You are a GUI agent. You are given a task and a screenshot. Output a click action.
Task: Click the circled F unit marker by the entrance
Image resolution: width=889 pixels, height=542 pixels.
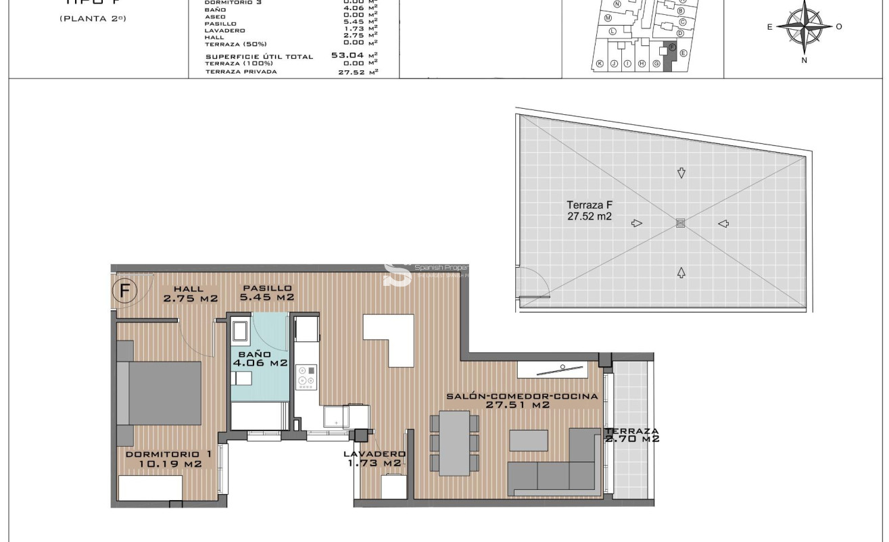click(x=125, y=291)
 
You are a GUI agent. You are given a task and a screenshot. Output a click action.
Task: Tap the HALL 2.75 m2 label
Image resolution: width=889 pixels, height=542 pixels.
click(x=189, y=293)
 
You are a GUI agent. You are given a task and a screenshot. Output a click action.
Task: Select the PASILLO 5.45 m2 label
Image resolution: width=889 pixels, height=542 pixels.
click(x=268, y=293)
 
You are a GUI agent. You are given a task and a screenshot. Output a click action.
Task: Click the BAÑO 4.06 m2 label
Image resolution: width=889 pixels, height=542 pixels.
click(x=260, y=358)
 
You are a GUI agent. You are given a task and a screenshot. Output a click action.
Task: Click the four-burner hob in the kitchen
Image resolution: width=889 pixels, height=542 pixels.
click(x=306, y=378)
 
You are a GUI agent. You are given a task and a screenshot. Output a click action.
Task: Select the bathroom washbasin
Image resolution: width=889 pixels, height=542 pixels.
click(x=240, y=332)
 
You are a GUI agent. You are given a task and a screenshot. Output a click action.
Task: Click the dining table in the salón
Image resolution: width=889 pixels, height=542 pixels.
click(x=455, y=443)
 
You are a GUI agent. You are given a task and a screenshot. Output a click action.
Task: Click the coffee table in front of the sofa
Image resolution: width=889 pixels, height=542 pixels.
click(x=528, y=440)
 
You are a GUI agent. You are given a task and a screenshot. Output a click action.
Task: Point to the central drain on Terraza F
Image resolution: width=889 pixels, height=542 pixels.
click(x=681, y=223)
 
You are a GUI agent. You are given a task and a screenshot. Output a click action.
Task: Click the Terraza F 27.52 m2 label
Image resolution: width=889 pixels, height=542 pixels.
click(x=590, y=211)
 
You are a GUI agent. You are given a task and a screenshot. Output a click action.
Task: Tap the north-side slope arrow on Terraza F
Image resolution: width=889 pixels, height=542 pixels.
click(x=681, y=272)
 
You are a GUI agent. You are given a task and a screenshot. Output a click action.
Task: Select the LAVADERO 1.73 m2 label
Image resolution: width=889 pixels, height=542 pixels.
click(x=374, y=458)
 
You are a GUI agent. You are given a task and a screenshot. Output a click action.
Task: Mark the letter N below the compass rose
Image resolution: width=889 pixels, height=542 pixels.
click(x=804, y=60)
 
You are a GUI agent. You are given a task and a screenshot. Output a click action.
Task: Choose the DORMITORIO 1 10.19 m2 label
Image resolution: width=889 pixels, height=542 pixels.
click(x=168, y=459)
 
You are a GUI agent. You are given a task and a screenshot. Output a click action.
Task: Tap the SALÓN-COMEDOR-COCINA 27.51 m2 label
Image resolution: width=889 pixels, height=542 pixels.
click(x=522, y=401)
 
